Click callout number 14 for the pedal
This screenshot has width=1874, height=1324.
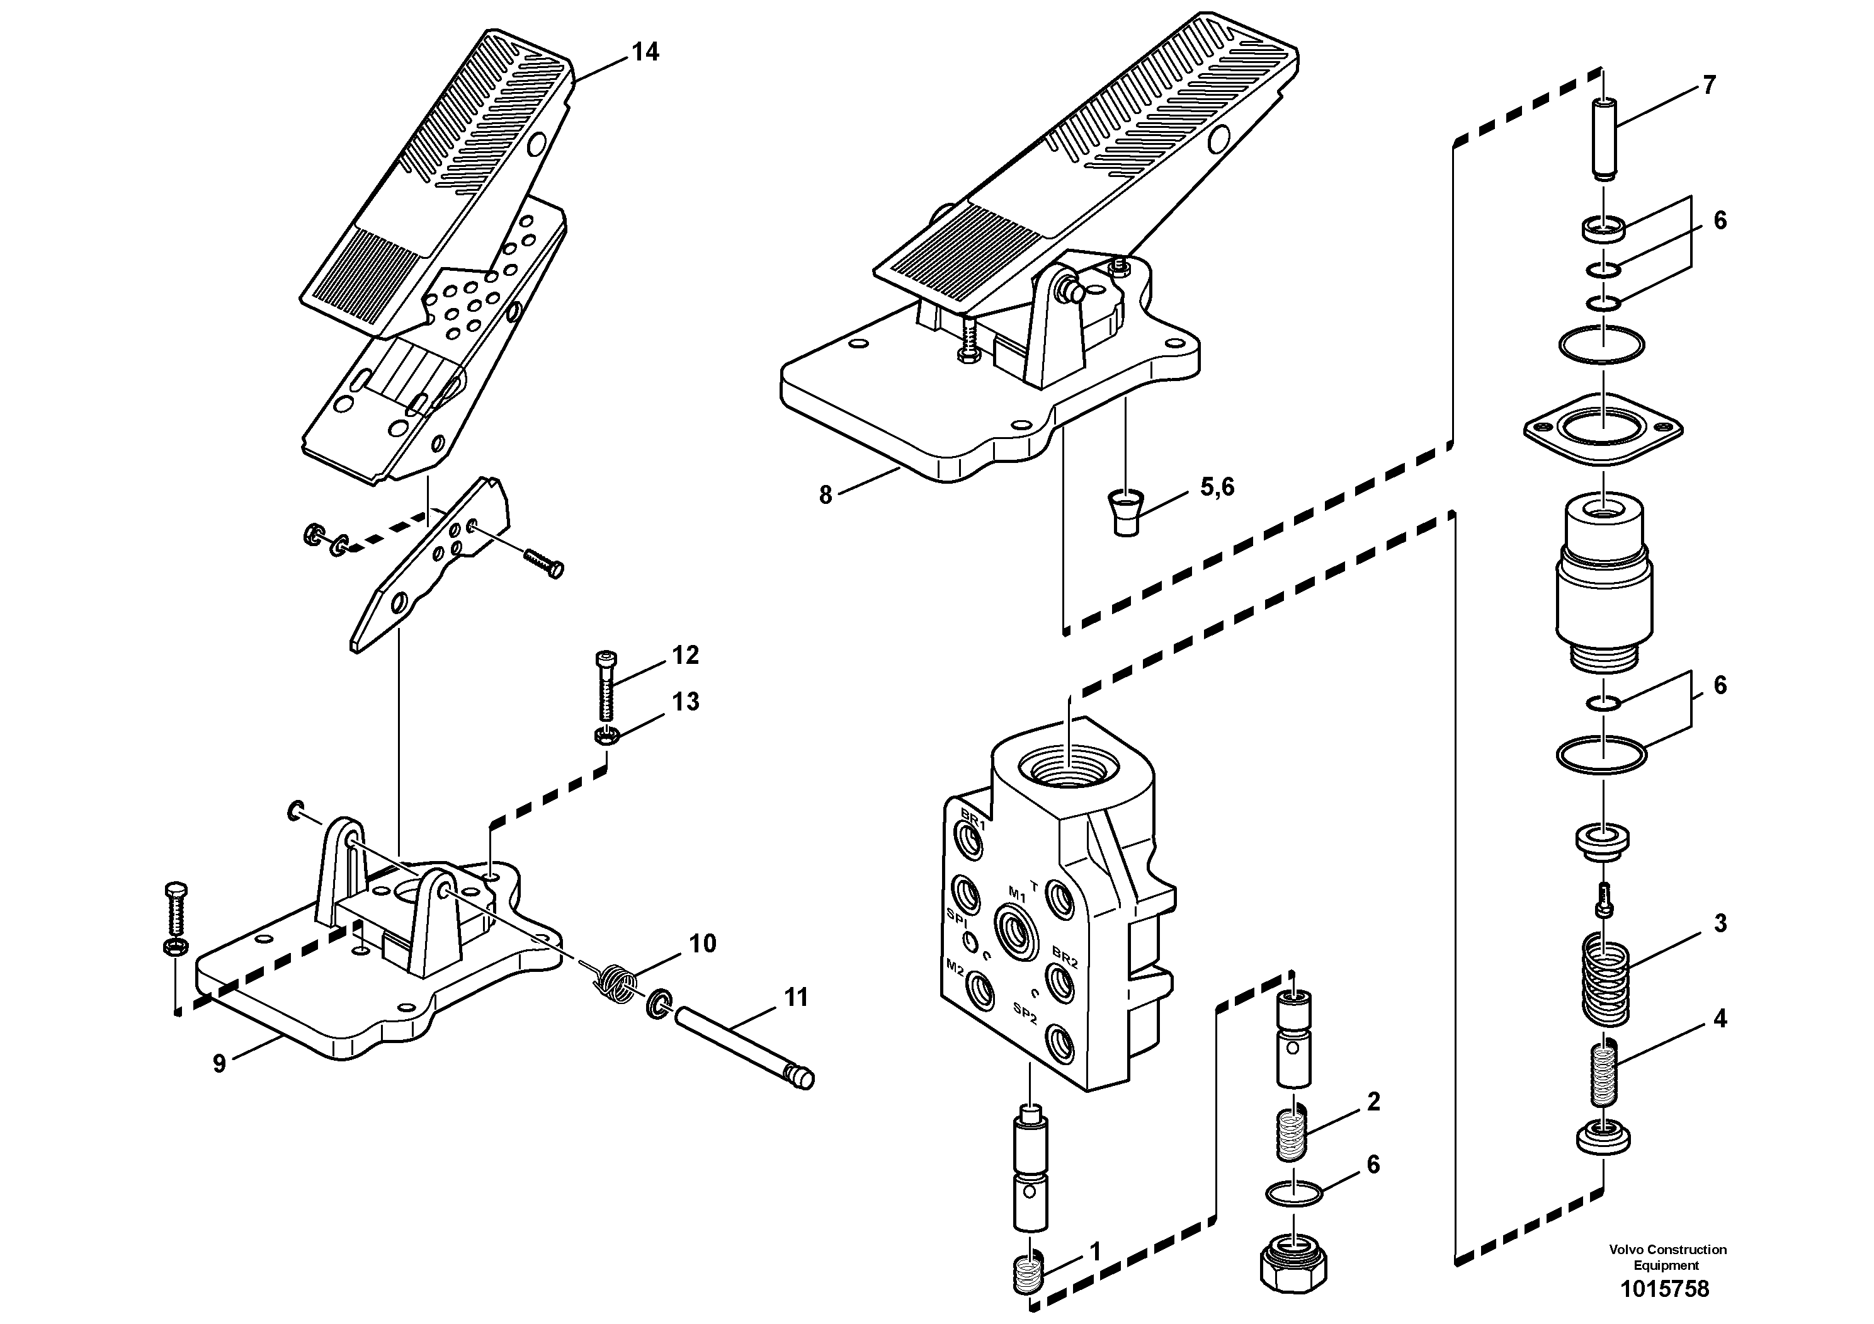[x=644, y=53]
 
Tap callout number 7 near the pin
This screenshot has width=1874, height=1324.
[x=1708, y=85]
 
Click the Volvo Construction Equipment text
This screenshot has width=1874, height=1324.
[x=1667, y=1257]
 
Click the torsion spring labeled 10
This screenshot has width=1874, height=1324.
[x=618, y=982]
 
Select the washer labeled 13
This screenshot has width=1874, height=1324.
[x=606, y=736]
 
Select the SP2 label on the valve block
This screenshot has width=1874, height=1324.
[x=1025, y=1014]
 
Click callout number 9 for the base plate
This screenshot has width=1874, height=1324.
[x=219, y=1064]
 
